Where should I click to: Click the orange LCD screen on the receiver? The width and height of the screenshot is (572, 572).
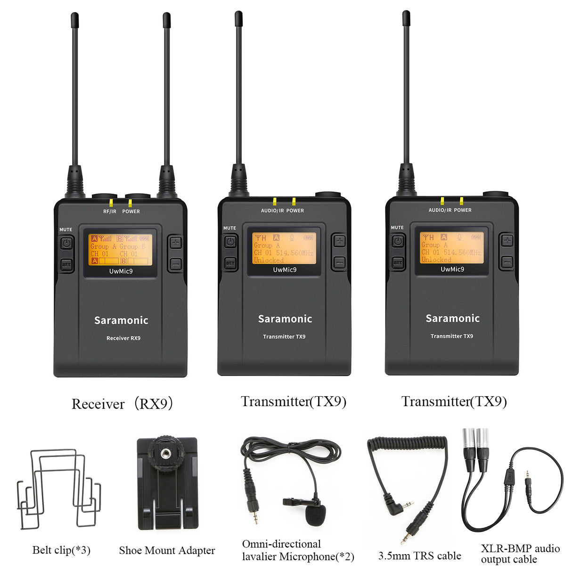tap(121, 249)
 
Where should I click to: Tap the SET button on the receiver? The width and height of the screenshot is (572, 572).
tap(66, 265)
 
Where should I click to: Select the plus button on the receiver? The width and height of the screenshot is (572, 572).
tap(175, 243)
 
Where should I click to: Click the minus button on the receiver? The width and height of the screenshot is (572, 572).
tap(175, 264)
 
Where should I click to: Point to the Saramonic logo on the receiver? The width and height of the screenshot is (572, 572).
tap(121, 320)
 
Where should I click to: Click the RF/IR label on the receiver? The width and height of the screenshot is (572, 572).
tap(109, 212)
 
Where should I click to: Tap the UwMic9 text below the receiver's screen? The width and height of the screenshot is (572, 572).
tap(121, 271)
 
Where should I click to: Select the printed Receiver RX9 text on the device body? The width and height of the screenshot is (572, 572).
tap(123, 338)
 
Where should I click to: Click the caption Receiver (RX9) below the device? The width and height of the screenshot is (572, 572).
tap(122, 404)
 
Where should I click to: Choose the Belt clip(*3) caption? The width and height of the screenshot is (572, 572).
tap(61, 550)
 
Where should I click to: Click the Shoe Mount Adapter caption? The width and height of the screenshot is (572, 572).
tap(167, 550)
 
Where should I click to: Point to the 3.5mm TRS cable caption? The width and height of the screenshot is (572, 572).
tap(419, 556)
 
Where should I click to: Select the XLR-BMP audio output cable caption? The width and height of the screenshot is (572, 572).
tap(520, 554)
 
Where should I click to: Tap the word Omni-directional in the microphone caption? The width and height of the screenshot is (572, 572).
tap(281, 544)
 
